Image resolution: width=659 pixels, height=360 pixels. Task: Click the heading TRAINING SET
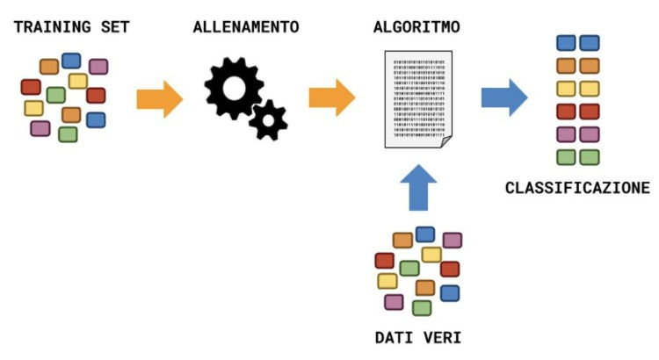[71, 26]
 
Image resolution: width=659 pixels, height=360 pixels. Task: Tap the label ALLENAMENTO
[246, 26]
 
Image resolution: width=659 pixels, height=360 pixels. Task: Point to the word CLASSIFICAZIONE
[577, 187]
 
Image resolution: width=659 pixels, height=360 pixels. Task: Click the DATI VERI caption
[418, 336]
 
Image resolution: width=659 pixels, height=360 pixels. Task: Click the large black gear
[233, 88]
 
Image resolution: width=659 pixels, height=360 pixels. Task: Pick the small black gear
[267, 119]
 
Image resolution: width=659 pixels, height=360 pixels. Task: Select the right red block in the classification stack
[590, 112]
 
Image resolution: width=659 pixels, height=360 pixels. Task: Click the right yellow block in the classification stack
[590, 89]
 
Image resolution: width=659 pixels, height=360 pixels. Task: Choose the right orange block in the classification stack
[590, 65]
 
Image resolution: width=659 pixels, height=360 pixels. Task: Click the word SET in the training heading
[113, 26]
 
